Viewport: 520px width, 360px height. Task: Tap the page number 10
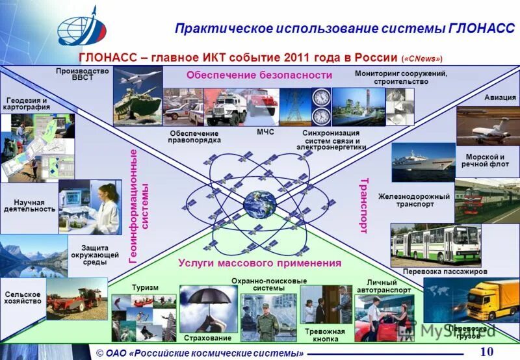[487, 352]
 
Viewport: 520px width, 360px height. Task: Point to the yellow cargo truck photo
[489, 300]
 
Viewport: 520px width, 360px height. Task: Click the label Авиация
[500, 97]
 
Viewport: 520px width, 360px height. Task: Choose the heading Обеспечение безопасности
[259, 75]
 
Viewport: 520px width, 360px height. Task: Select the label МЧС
[265, 132]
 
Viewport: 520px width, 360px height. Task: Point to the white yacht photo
[423, 161]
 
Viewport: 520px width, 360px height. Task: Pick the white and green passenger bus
[435, 244]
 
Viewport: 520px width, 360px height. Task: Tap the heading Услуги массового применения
[259, 263]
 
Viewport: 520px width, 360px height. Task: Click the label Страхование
[207, 338]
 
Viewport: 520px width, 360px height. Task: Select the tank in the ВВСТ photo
[135, 104]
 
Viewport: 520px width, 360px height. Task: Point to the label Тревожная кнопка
[325, 335]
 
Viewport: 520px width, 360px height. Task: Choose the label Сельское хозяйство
[23, 298]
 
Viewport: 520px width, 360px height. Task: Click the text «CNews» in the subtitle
[426, 57]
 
